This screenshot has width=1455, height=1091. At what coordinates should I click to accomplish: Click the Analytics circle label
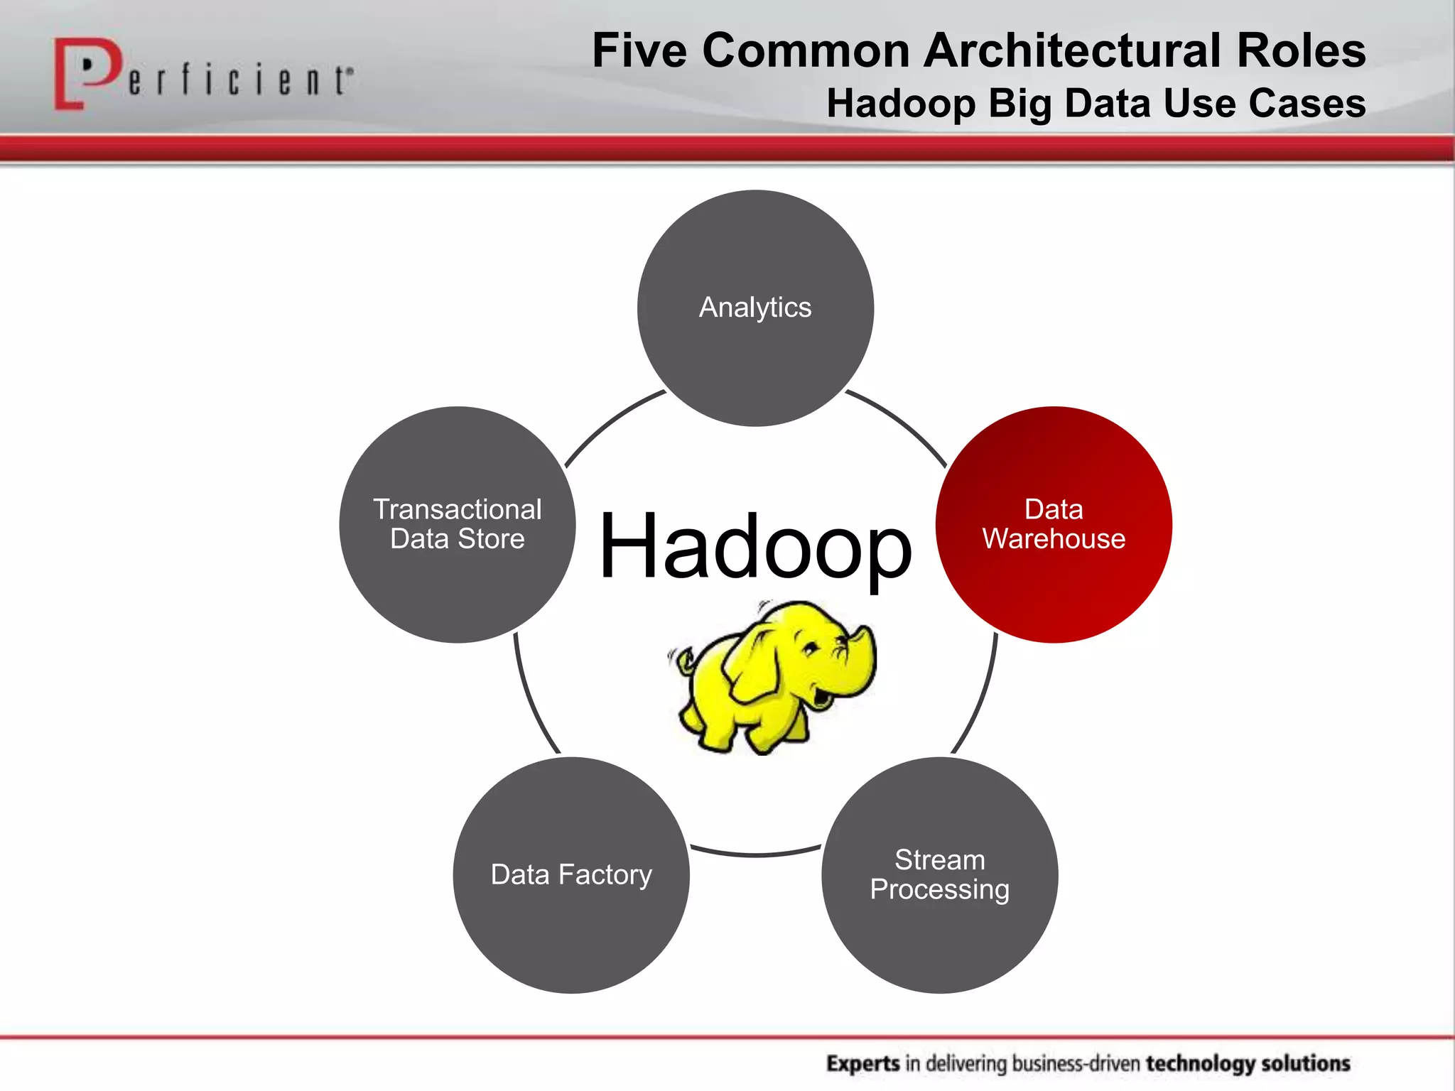754,308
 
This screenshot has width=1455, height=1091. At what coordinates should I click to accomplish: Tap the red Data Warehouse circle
1053,524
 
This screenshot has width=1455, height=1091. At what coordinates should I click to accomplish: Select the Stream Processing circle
939,874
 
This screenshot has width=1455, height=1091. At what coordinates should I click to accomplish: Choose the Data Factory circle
571,874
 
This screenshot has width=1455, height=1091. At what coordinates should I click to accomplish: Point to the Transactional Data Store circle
458,524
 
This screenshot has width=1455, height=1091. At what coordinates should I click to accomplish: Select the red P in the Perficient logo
85,71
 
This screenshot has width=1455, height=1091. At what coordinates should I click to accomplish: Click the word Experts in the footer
862,1063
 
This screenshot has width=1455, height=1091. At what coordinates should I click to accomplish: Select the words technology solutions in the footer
1248,1063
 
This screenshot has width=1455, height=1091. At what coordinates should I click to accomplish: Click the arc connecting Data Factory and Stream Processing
755,854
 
